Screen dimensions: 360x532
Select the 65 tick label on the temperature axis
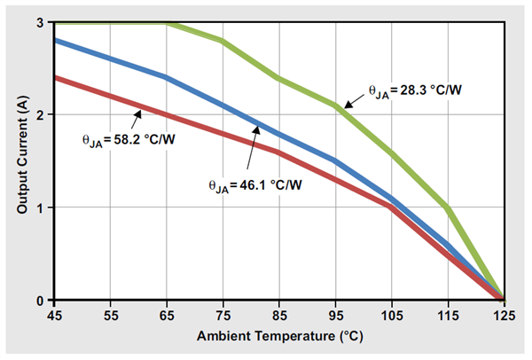pos(166,314)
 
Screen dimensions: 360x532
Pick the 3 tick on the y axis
pos(42,21)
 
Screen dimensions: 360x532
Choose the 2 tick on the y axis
pos(42,114)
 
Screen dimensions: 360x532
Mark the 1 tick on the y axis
pos(42,207)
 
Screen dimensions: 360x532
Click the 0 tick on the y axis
pos(42,300)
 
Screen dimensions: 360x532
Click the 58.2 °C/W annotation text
pos(115,138)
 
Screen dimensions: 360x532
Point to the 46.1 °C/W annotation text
pos(257,185)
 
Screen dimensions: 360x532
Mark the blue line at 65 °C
pos(166,77)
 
